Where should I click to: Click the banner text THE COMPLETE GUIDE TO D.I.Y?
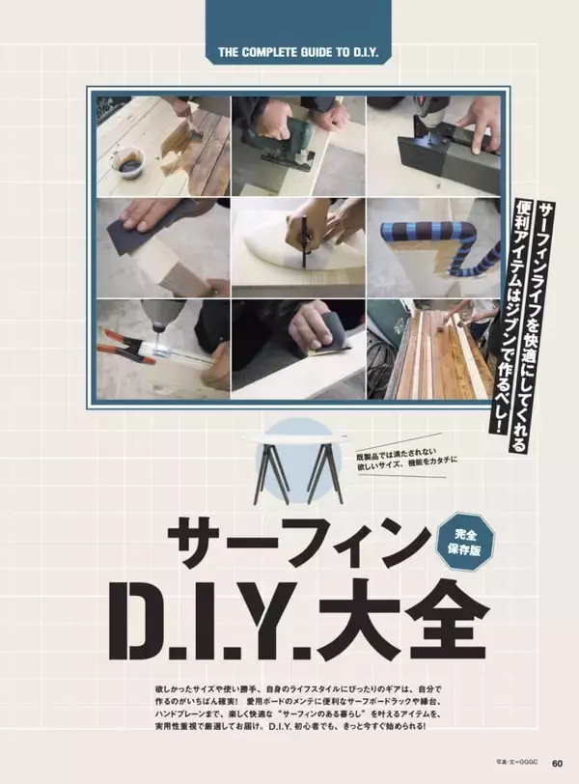click(x=298, y=52)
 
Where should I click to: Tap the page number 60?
click(x=557, y=763)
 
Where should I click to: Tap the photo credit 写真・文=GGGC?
click(x=517, y=764)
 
